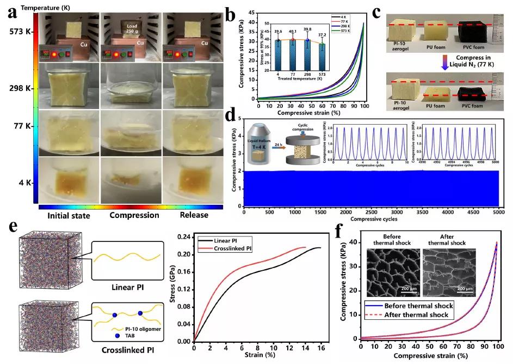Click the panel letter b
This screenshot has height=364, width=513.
click(x=231, y=11)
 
